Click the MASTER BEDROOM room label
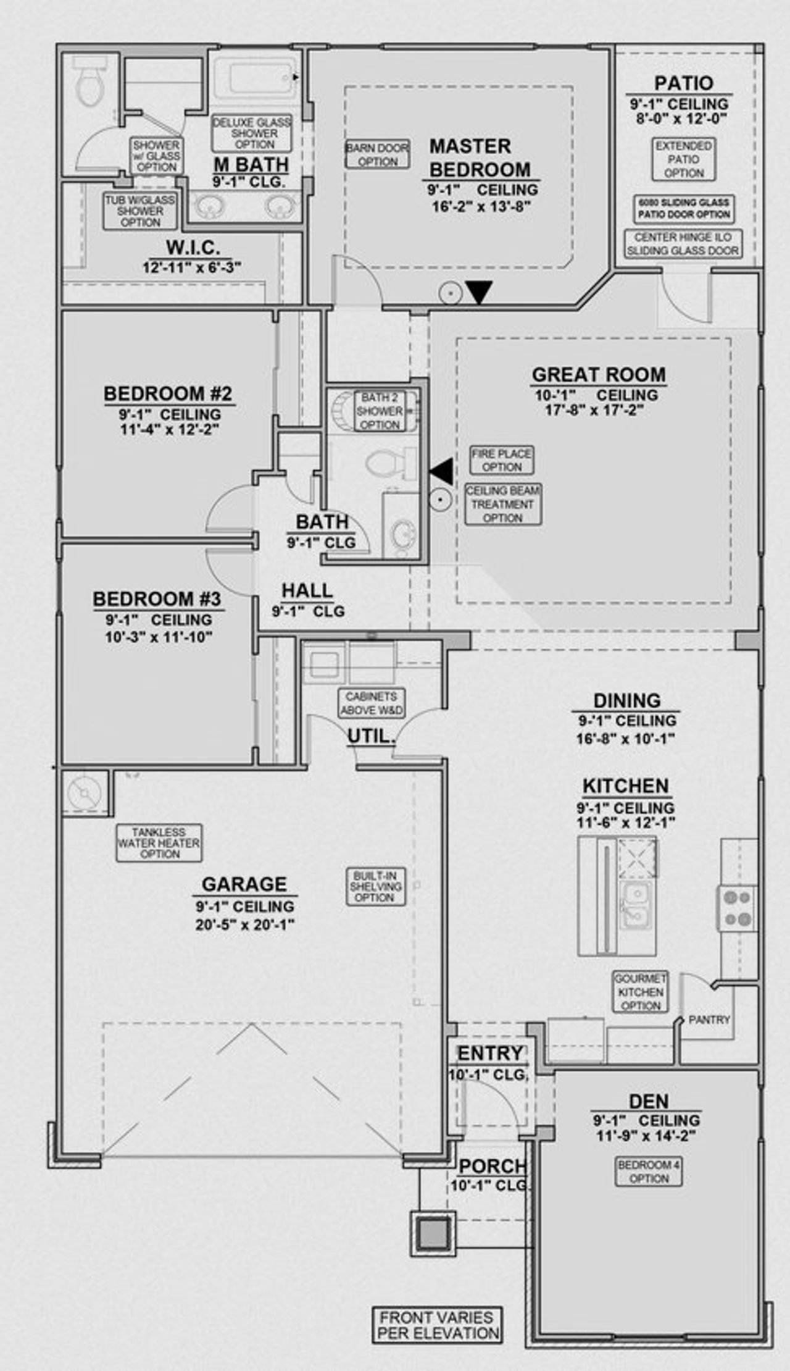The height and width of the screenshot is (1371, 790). [479, 158]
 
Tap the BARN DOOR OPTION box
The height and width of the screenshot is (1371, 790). [377, 154]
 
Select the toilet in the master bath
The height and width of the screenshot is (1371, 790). [89, 86]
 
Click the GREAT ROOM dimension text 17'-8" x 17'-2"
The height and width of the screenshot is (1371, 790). [594, 410]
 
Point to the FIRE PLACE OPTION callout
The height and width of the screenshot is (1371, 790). [501, 460]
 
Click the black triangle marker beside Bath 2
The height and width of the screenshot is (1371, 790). [441, 472]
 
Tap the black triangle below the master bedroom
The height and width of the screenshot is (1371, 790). [478, 291]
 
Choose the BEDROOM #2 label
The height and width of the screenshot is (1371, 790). [167, 394]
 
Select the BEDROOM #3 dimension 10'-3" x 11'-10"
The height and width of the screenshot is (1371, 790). [159, 637]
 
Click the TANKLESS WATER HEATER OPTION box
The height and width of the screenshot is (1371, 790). [159, 843]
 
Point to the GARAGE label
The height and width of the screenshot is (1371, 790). [244, 884]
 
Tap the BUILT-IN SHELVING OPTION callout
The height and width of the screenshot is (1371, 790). [375, 887]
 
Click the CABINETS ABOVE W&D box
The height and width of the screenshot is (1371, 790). [372, 703]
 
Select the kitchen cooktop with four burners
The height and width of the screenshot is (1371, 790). [738, 908]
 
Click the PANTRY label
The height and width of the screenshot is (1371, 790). [709, 1020]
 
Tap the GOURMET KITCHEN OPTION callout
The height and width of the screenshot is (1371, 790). [640, 992]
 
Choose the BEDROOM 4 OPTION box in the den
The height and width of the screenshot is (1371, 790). [649, 1172]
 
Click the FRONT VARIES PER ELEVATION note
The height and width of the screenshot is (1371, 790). [438, 1325]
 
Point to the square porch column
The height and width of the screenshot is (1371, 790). [433, 1233]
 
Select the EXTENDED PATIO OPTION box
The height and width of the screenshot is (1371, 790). [683, 159]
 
